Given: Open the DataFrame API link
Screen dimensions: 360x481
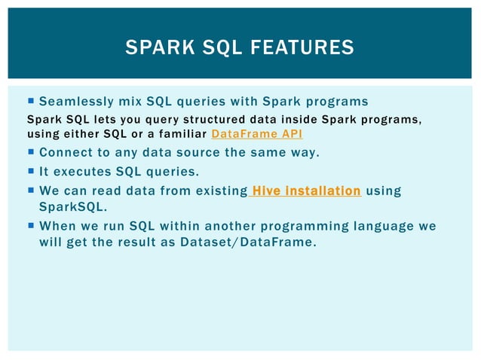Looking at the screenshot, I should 257,134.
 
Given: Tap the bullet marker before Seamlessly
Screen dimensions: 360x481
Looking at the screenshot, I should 30,101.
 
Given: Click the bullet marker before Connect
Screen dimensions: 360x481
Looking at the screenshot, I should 30,153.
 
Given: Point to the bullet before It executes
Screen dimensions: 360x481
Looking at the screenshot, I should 30,172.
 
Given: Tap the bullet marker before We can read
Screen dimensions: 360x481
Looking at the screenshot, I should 30,191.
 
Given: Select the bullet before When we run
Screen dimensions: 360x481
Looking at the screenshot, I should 30,226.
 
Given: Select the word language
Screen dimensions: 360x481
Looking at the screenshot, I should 384,226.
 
